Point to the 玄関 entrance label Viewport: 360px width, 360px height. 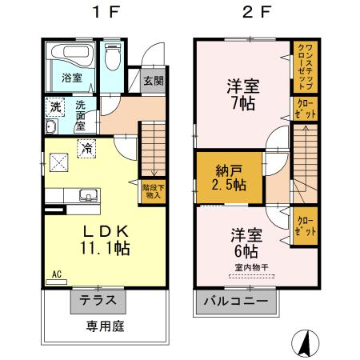[x=154, y=81]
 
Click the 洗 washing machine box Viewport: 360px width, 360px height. [x=54, y=106]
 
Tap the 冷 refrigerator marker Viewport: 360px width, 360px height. [x=85, y=147]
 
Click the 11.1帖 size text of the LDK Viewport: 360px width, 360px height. [x=104, y=248]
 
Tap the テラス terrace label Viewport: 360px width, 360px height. [x=99, y=302]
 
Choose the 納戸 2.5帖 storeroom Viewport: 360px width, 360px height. [x=229, y=176]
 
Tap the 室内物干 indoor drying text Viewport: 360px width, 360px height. [x=250, y=266]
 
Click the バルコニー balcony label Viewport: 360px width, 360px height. [x=238, y=302]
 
